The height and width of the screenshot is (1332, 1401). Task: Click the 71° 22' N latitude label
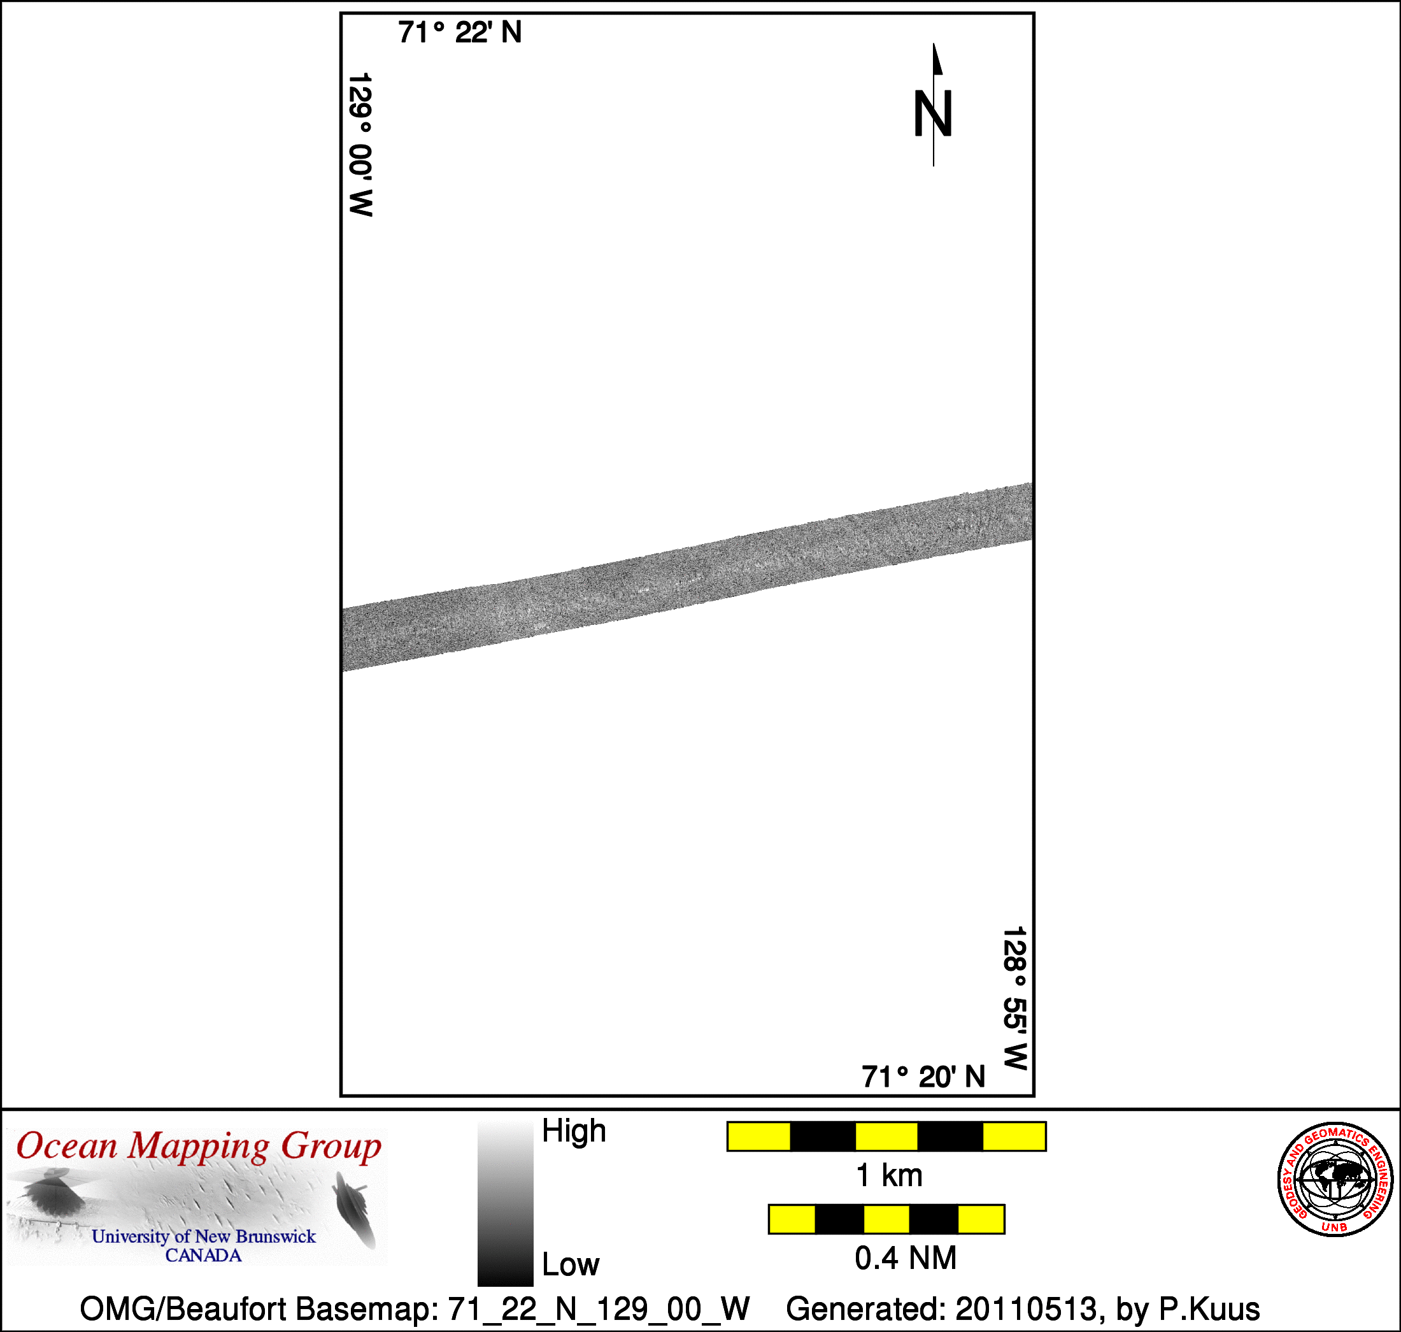point(460,32)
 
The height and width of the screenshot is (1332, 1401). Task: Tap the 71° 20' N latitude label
point(923,1077)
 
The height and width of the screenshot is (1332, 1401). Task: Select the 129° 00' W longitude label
point(360,144)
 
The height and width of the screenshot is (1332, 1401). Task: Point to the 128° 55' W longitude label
point(1015,998)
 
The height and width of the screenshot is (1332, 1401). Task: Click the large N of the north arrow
point(932,113)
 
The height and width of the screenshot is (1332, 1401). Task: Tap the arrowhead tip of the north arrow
point(934,43)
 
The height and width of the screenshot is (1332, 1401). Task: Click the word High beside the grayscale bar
point(574,1131)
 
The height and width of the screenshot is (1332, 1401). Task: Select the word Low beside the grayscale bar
point(571,1265)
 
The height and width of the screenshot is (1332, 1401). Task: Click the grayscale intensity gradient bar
point(506,1203)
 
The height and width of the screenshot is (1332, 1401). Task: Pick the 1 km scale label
point(889,1176)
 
